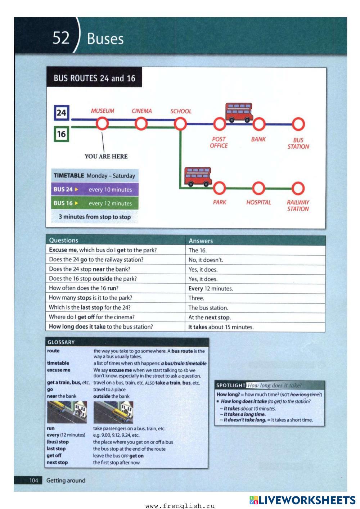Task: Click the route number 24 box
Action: [x=61, y=113]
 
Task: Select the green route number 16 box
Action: [x=61, y=134]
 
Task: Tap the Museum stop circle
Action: [x=102, y=124]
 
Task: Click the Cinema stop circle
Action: [x=141, y=124]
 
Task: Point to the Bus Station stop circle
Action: [x=298, y=124]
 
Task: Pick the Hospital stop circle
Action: [x=258, y=188]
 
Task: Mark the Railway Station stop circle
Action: [x=298, y=188]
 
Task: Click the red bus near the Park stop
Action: [x=198, y=177]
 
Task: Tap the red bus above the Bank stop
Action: [x=239, y=112]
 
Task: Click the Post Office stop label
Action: [x=219, y=142]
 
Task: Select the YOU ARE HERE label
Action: [x=106, y=156]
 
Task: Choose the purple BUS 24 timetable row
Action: [x=95, y=189]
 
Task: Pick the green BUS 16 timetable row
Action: [x=95, y=203]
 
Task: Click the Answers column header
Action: [x=201, y=241]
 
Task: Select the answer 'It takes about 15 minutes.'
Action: [x=221, y=327]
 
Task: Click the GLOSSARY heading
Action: [x=61, y=342]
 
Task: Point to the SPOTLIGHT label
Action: [x=231, y=385]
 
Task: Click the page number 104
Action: [x=33, y=481]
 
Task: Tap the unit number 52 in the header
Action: [x=61, y=37]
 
